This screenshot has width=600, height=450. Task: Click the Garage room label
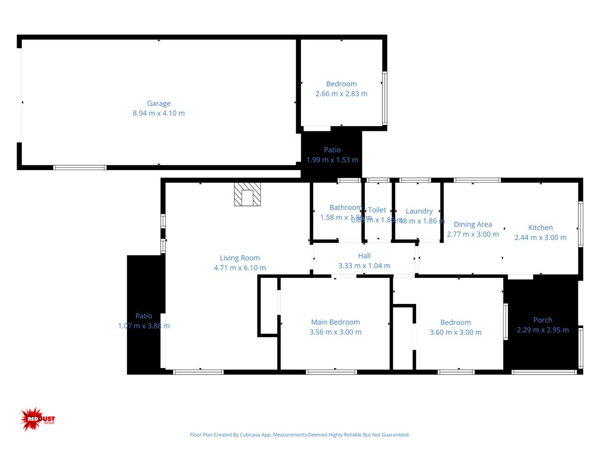[x=159, y=103]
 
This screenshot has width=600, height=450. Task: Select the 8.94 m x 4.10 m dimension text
[x=159, y=113]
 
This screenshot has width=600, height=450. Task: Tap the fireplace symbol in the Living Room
[x=248, y=195]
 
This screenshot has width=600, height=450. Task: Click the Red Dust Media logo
[x=37, y=419]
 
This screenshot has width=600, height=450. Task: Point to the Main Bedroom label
[x=335, y=322]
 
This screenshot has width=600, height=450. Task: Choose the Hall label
[x=364, y=256]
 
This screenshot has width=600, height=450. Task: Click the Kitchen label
[x=540, y=227]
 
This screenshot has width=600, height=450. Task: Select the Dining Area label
[x=473, y=225]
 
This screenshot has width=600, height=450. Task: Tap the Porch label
[x=543, y=320]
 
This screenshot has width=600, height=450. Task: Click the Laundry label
[x=419, y=211]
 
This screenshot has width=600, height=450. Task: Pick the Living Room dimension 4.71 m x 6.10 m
[x=240, y=268]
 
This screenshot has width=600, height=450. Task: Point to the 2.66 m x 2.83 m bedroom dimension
[x=341, y=94]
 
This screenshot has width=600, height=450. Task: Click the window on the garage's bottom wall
[x=80, y=168]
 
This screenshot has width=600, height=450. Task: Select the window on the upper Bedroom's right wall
[x=385, y=98]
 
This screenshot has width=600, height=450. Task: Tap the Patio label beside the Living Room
[x=144, y=316]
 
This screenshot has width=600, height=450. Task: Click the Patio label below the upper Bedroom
[x=332, y=150]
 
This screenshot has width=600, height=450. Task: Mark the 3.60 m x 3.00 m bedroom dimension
[x=455, y=332]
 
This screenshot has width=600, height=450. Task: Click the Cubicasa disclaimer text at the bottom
[x=300, y=435]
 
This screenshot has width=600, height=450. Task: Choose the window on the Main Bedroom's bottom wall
[x=331, y=372]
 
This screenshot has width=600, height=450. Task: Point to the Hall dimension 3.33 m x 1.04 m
[x=364, y=266]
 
